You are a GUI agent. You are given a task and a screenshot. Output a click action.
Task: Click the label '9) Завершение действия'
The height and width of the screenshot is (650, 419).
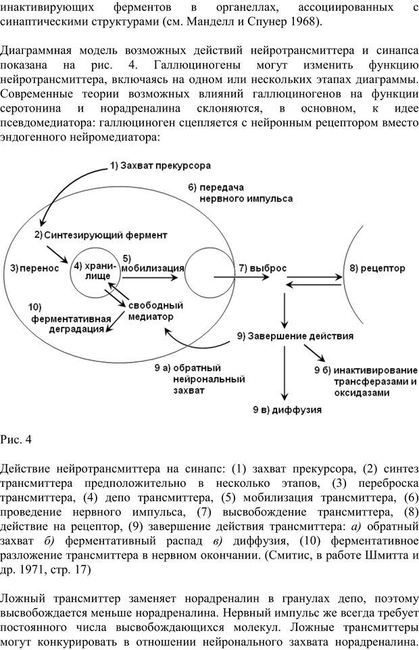click(293, 336)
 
